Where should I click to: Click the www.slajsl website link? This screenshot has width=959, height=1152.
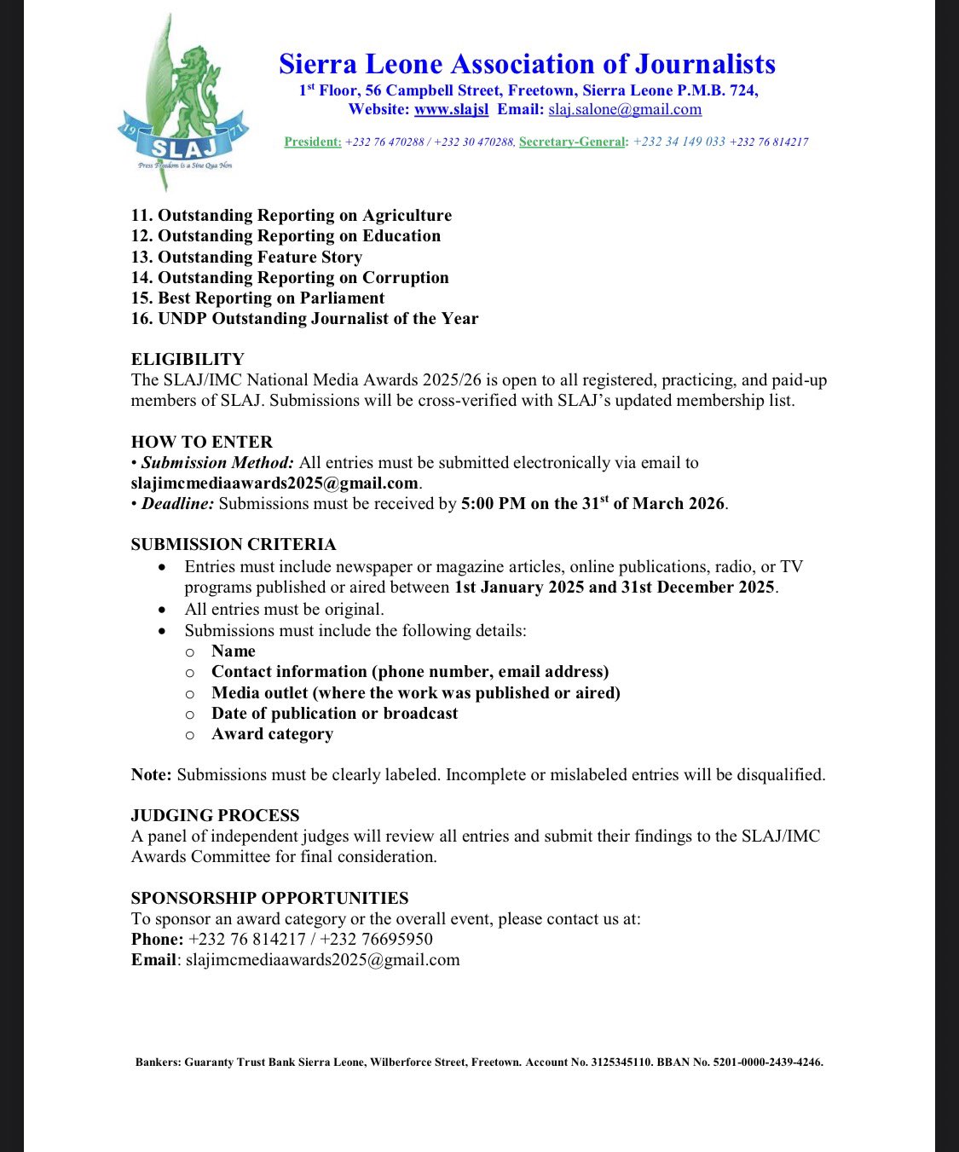pyautogui.click(x=451, y=109)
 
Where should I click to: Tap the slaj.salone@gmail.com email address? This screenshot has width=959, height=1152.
pyautogui.click(x=625, y=109)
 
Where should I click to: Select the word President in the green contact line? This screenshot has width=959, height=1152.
pyautogui.click(x=313, y=142)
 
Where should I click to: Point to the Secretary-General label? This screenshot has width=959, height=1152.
pyautogui.click(x=572, y=142)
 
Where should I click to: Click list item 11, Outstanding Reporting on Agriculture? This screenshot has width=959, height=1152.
pyautogui.click(x=292, y=215)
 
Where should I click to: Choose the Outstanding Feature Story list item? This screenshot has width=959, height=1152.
pyautogui.click(x=246, y=257)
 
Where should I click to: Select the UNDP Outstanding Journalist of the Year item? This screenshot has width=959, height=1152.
pyautogui.click(x=304, y=318)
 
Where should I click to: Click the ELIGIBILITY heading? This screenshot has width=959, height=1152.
pyautogui.click(x=188, y=359)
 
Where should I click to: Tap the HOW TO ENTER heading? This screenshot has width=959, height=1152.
pyautogui.click(x=202, y=442)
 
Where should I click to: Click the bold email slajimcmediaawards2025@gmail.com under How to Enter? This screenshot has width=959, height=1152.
pyautogui.click(x=274, y=483)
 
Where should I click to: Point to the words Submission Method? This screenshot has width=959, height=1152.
pyautogui.click(x=217, y=462)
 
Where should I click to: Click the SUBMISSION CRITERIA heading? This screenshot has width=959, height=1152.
pyautogui.click(x=234, y=544)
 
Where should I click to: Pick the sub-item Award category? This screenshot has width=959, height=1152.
pyautogui.click(x=272, y=733)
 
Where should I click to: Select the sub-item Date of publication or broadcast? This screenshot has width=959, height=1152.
pyautogui.click(x=334, y=713)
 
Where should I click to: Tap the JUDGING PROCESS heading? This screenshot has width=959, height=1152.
pyautogui.click(x=215, y=815)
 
